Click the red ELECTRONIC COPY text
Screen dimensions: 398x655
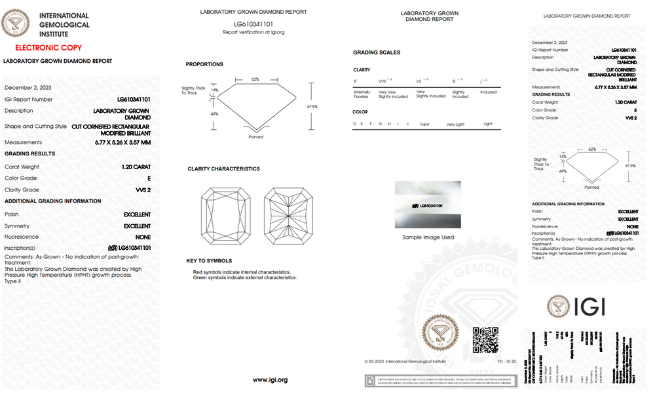(48, 48)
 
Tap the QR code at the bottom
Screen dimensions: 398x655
(485, 340)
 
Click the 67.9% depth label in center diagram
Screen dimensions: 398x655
(312, 106)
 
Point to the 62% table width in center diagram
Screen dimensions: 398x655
(255, 79)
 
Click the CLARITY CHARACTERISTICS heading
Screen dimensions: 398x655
(223, 169)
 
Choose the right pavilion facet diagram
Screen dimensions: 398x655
(288, 214)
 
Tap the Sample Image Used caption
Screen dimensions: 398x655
(428, 237)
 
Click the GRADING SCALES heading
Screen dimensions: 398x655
(377, 52)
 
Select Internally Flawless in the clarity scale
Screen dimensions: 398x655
(362, 95)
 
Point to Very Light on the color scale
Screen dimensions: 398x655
(455, 124)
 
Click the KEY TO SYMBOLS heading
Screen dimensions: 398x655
(209, 261)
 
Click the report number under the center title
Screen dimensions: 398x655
(253, 24)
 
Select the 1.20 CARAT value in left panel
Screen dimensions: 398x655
(136, 167)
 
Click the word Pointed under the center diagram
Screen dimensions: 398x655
(255, 137)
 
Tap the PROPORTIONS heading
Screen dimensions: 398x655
(204, 64)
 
